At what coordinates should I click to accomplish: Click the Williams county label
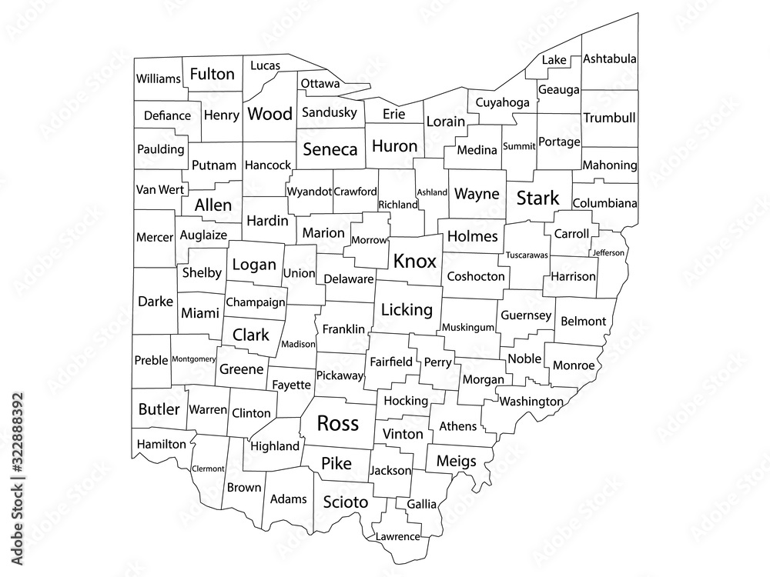(x=158, y=78)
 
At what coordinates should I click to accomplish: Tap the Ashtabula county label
(x=609, y=59)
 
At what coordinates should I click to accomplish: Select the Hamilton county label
(x=161, y=444)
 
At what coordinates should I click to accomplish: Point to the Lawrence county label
(x=398, y=536)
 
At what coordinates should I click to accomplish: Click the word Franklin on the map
(x=343, y=329)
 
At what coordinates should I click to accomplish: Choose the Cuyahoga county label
(x=502, y=102)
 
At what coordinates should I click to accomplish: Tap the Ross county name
(x=337, y=422)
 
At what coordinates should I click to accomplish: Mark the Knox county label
(x=414, y=262)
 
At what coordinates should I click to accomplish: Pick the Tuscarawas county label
(x=527, y=255)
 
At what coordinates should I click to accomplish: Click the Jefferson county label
(x=608, y=252)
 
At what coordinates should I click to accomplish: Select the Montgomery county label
(x=193, y=359)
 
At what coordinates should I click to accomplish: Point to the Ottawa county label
(x=320, y=83)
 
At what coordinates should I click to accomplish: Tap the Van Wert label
(x=159, y=189)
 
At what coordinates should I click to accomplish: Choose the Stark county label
(x=537, y=199)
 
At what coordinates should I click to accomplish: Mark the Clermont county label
(x=207, y=468)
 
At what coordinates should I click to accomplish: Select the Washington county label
(x=531, y=402)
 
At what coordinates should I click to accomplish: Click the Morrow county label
(x=369, y=240)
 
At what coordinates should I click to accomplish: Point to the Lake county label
(x=554, y=60)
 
